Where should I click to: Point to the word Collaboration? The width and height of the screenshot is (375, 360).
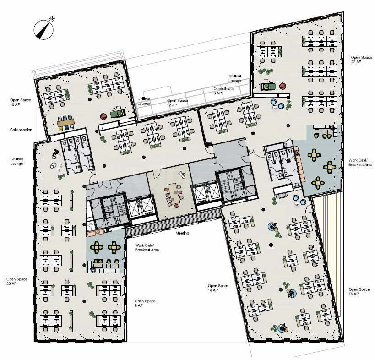pos(21,130)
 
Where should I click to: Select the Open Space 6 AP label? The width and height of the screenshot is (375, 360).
pos(223,91)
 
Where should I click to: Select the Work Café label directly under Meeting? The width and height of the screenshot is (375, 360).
pos(146,248)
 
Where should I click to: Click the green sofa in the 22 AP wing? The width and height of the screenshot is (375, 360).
pos(268,85)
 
